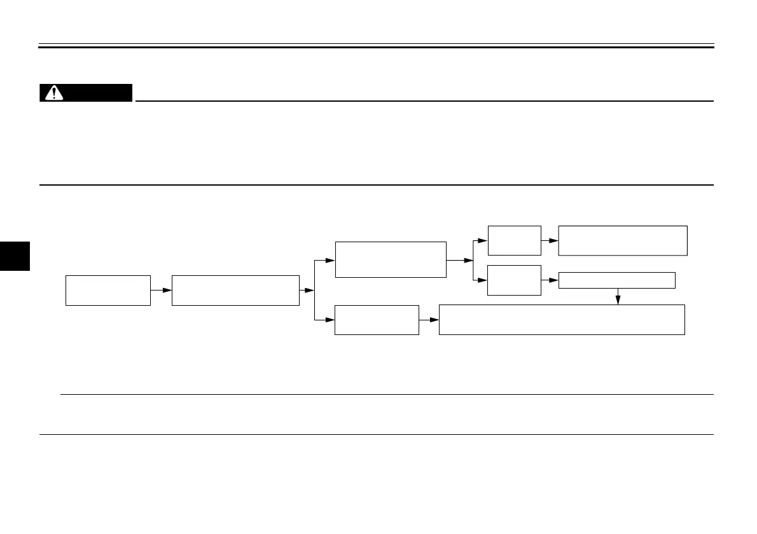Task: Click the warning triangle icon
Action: pyautogui.click(x=53, y=93)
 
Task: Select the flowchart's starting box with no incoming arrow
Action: pyautogui.click(x=108, y=291)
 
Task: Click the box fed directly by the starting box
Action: pyautogui.click(x=235, y=291)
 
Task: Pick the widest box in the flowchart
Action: pyautogui.click(x=562, y=320)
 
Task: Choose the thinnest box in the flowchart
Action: pyautogui.click(x=616, y=280)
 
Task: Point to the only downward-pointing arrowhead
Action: pyautogui.click(x=617, y=299)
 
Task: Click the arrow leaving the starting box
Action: pyautogui.click(x=161, y=291)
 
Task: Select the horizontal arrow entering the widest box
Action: pyautogui.click(x=429, y=320)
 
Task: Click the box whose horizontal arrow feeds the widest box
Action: pyautogui.click(x=377, y=320)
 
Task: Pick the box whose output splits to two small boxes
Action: pyautogui.click(x=391, y=259)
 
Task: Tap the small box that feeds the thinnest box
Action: pyautogui.click(x=514, y=280)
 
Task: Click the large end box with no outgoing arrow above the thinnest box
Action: pyautogui.click(x=623, y=240)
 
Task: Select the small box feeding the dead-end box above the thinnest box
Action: pyautogui.click(x=514, y=240)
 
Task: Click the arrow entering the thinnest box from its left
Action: pyautogui.click(x=550, y=280)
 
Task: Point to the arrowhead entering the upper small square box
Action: pyautogui.click(x=483, y=240)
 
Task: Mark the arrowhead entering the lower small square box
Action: pyautogui.click(x=483, y=280)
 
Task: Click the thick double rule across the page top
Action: pyautogui.click(x=377, y=46)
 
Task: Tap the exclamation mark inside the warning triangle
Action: pyautogui.click(x=53, y=93)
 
